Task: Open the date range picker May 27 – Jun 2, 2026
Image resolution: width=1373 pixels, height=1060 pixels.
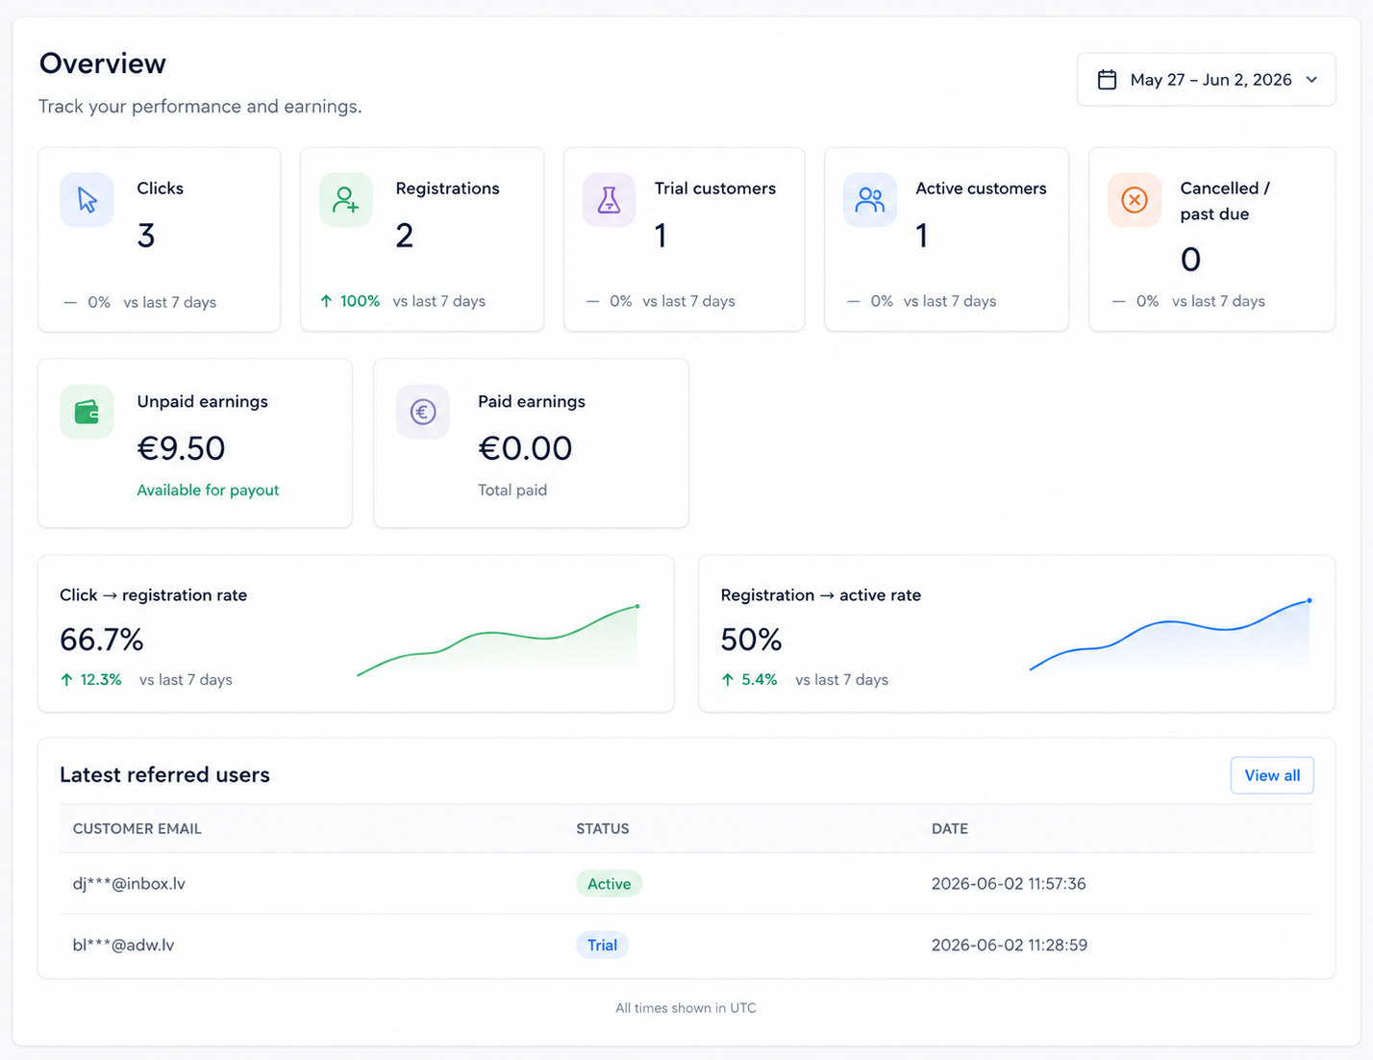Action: [x=1206, y=80]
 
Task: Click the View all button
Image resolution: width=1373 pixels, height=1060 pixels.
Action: [x=1271, y=775]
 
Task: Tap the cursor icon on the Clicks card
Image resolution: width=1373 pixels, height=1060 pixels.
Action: [x=87, y=200]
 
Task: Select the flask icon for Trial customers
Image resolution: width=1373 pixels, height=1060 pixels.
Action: [x=609, y=200]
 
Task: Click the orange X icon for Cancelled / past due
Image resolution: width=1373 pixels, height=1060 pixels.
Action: [x=1135, y=200]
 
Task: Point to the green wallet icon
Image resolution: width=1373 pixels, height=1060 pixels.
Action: [x=87, y=412]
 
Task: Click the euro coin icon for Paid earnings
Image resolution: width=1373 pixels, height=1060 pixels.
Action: [x=423, y=412]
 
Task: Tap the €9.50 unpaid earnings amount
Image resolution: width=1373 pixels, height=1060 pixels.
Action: [x=181, y=448]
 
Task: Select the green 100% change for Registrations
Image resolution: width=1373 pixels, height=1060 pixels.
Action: [x=360, y=301]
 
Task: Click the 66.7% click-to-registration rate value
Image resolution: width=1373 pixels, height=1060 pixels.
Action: [x=102, y=639]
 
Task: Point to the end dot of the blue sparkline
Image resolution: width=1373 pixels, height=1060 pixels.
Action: [x=1310, y=600]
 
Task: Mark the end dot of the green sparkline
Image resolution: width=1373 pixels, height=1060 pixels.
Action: [x=637, y=606]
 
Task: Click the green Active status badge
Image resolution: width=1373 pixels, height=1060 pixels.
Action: [x=609, y=884]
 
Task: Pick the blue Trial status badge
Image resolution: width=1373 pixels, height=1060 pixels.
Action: [x=602, y=945]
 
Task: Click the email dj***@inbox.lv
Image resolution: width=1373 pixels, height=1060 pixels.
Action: [x=129, y=884]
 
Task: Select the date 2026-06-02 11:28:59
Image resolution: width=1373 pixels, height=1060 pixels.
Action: [x=1009, y=945]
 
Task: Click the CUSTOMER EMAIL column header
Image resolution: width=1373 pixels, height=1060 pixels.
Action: [x=137, y=828]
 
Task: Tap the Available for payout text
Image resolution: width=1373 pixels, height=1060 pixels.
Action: [x=208, y=491]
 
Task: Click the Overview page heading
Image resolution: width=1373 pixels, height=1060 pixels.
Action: [x=102, y=63]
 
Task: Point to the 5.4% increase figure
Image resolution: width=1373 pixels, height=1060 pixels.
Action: [x=759, y=679]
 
